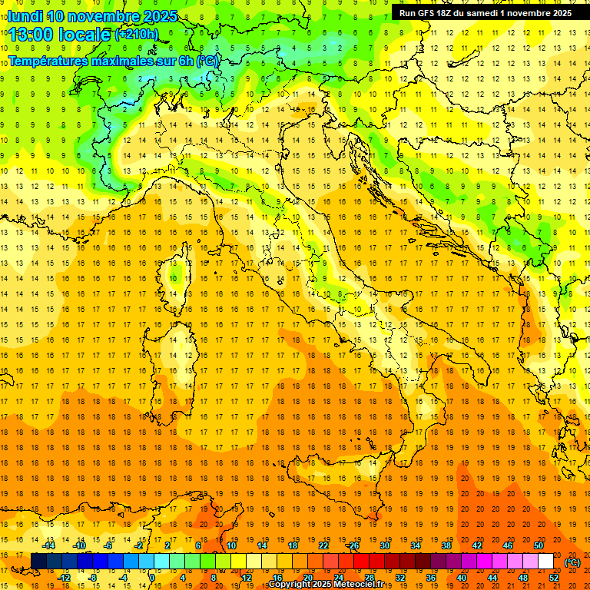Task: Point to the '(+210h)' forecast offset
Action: tap(136, 35)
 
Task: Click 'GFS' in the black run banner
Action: tap(429, 13)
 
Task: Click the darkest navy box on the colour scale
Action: tap(38, 562)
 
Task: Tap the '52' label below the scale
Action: tap(554, 578)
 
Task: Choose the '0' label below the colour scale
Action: tap(152, 578)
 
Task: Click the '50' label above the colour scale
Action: tap(539, 545)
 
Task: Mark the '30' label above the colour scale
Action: tap(385, 545)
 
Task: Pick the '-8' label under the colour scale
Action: tap(94, 578)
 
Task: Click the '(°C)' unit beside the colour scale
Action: tap(572, 562)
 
